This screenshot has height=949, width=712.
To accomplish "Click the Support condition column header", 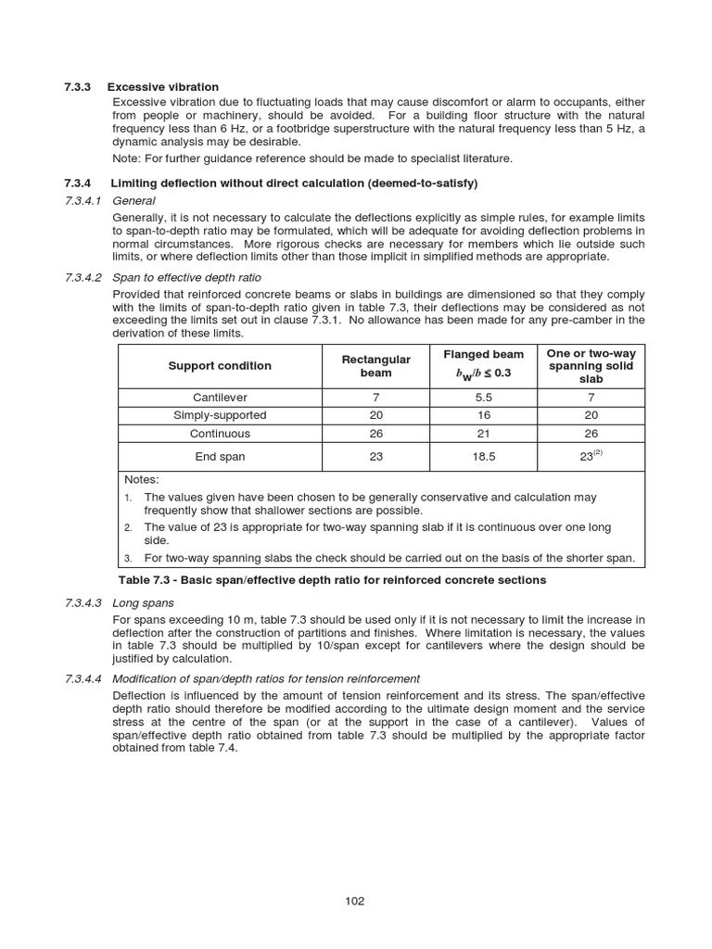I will (x=220, y=365).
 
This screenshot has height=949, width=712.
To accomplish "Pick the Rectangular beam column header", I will (x=375, y=365).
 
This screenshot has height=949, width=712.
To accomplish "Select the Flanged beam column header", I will (x=483, y=354).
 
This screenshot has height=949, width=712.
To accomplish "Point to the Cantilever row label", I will (x=220, y=398).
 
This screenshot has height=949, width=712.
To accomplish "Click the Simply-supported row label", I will (x=220, y=415).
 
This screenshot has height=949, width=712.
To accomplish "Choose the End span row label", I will (x=220, y=456).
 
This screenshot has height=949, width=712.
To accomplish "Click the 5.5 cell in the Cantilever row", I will (x=483, y=398).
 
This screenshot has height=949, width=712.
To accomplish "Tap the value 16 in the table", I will (x=483, y=415).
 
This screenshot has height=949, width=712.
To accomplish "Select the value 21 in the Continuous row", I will (x=483, y=433).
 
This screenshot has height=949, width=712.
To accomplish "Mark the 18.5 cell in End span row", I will (x=483, y=456).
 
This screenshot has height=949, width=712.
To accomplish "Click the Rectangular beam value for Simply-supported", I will (x=375, y=415).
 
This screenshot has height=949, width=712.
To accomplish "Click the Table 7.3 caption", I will (x=333, y=580).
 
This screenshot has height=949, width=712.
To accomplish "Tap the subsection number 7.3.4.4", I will (x=84, y=678).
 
